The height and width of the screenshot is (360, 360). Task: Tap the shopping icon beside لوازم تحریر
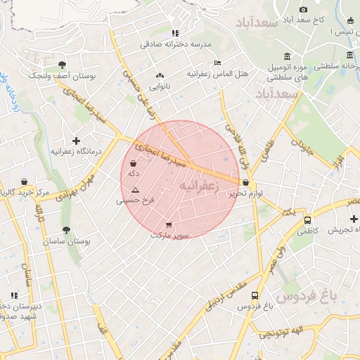pos(245,182)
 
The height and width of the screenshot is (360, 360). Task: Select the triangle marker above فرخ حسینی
pos(135,190)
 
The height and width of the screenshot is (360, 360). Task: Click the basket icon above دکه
pos(134,163)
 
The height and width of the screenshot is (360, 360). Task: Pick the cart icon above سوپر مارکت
pos(169,225)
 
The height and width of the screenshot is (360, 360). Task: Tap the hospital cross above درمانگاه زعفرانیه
pos(76,141)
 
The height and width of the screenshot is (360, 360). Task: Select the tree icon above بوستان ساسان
pos(66,230)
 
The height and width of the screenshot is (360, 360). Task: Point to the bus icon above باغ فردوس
pos(254,295)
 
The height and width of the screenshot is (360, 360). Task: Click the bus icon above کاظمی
pos(307,220)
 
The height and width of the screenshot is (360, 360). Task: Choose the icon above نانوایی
pos(159,75)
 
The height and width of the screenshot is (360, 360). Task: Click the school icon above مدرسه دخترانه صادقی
pos(175,33)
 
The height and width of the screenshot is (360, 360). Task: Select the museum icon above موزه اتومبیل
pos(287,56)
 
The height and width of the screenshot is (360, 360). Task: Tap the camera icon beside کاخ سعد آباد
pos(303,9)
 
